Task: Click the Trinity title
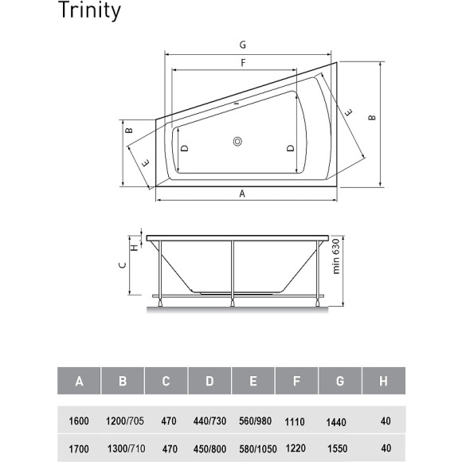[x=90, y=11]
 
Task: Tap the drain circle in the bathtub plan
[x=237, y=143]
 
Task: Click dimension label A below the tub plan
[x=241, y=193]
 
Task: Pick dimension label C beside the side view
[x=122, y=268]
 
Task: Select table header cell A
[x=79, y=382]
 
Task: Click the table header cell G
[x=340, y=382]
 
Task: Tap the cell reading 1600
[x=79, y=420]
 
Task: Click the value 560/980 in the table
[x=253, y=420]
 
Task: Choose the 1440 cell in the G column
[x=340, y=420]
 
